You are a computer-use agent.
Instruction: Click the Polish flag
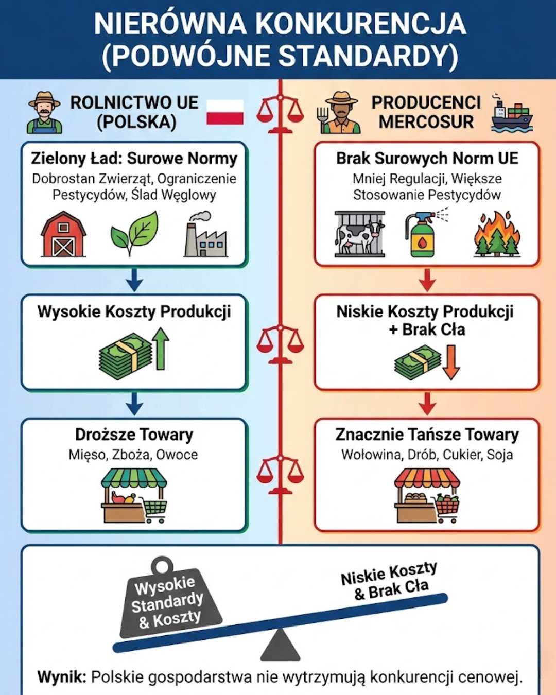pyautogui.click(x=225, y=112)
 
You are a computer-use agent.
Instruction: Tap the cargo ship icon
pyautogui.click(x=511, y=114)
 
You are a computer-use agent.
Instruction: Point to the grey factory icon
pyautogui.click(x=205, y=235)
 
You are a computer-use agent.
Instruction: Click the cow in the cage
pyautogui.click(x=359, y=234)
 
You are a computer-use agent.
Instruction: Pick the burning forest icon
pyautogui.click(x=496, y=234)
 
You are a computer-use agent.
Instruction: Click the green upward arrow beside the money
pyautogui.click(x=161, y=350)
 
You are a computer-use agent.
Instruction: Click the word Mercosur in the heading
pyautogui.click(x=426, y=122)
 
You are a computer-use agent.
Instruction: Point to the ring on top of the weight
pyautogui.click(x=162, y=565)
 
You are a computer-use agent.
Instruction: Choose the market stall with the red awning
pyautogui.click(x=426, y=495)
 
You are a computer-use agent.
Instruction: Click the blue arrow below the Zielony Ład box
pyautogui.click(x=134, y=280)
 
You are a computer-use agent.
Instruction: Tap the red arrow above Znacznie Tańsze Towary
pyautogui.click(x=427, y=403)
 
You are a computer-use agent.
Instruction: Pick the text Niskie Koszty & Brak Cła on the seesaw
pyautogui.click(x=390, y=581)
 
